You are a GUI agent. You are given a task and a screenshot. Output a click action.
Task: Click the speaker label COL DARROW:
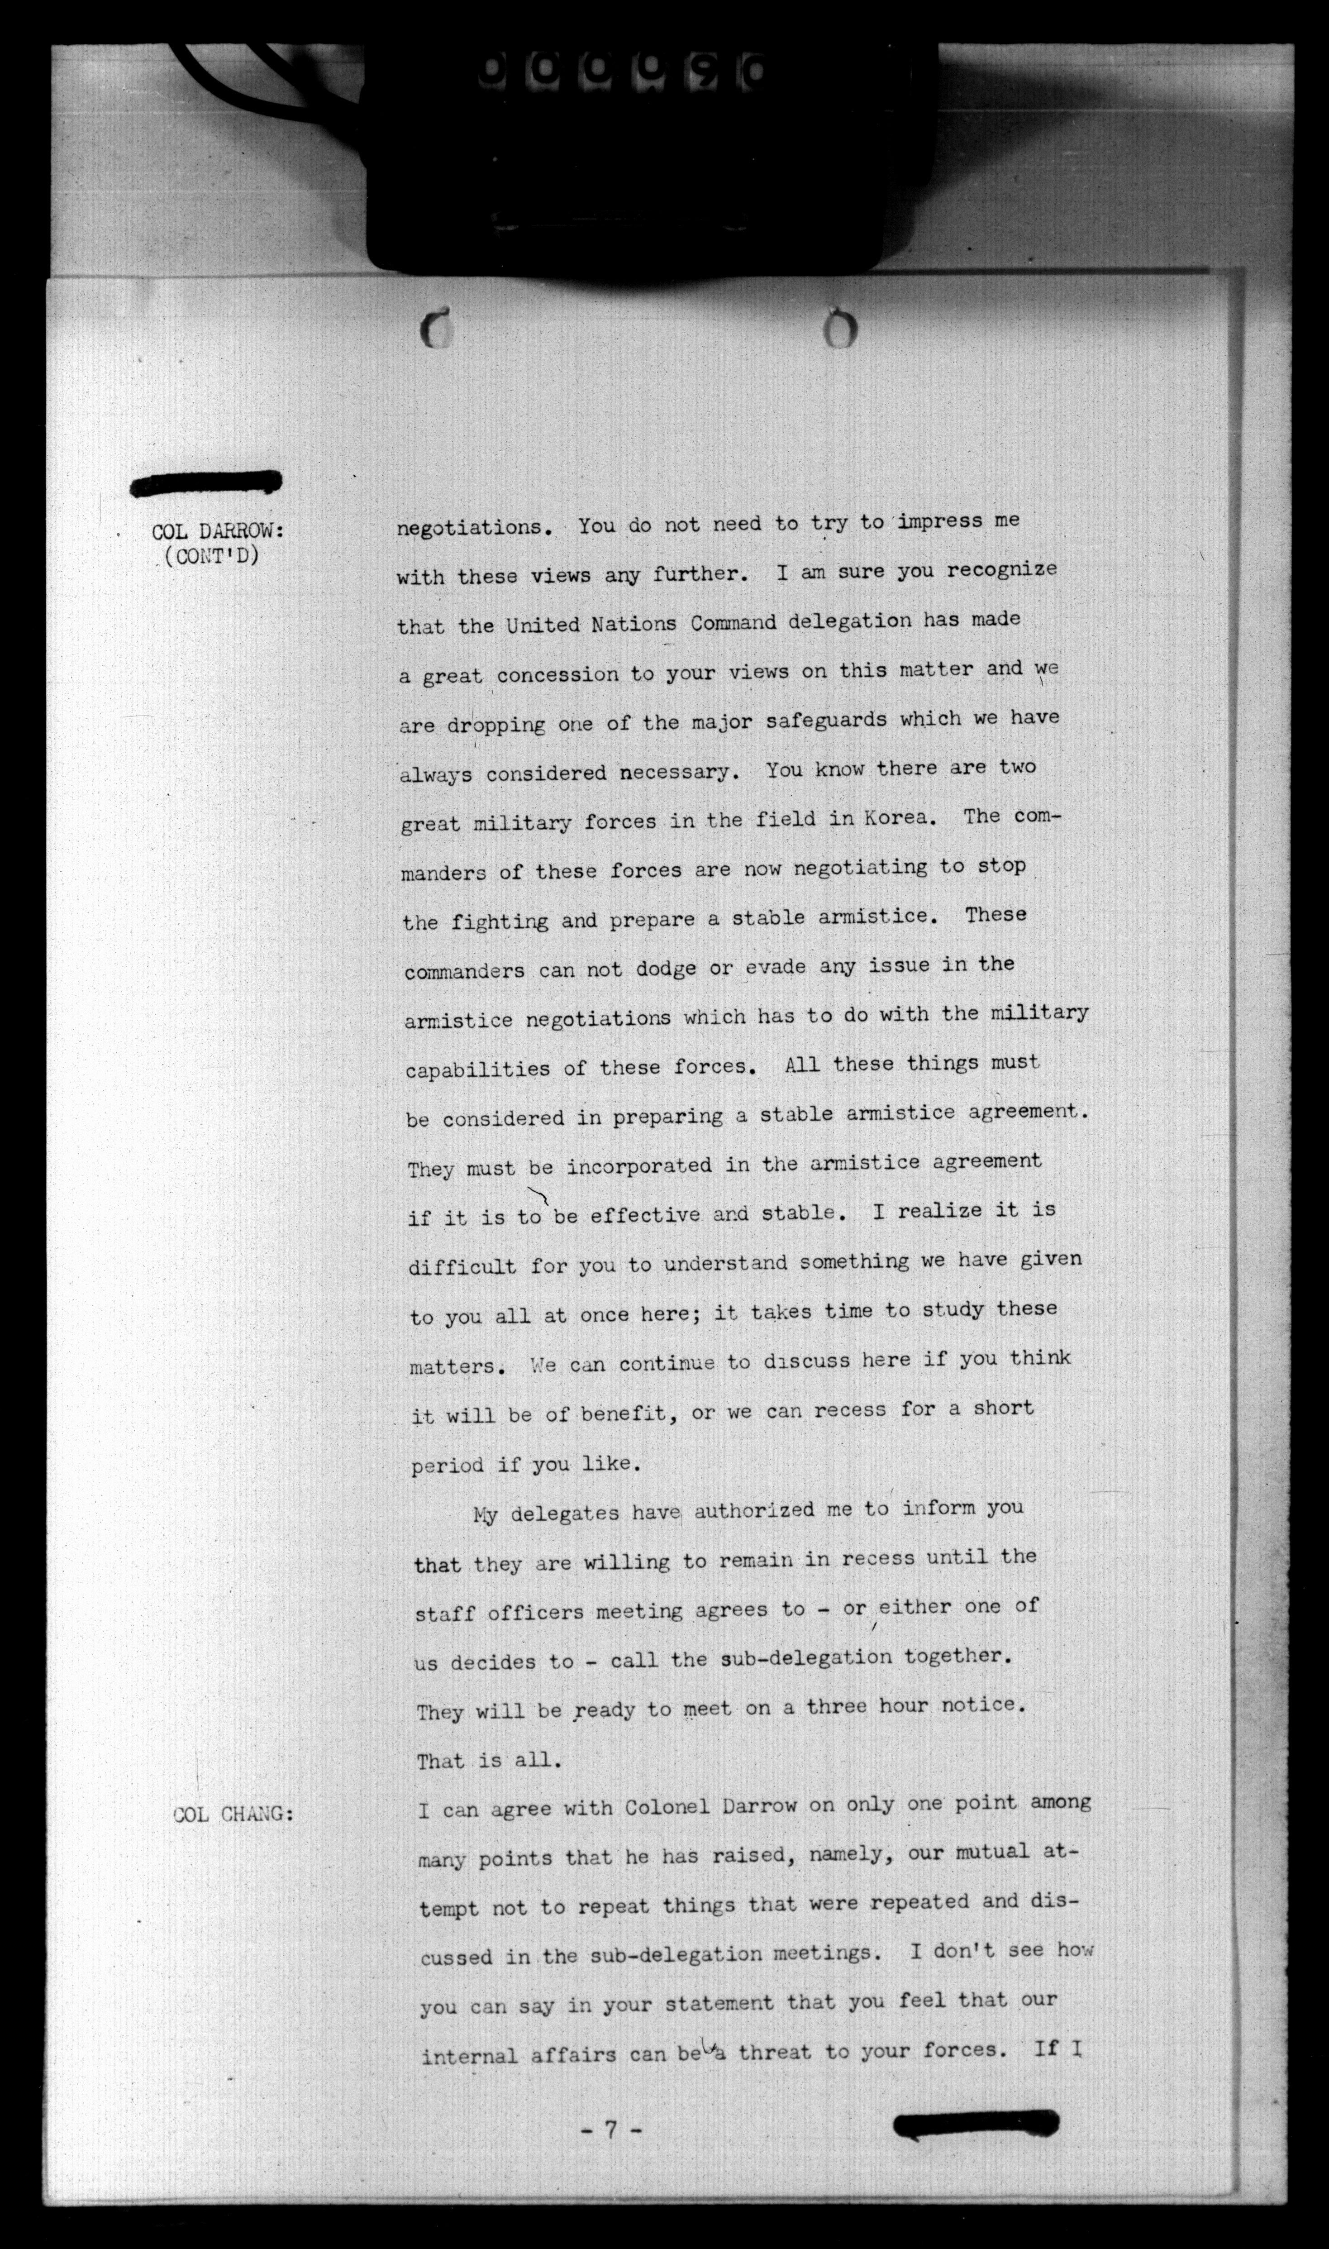(218, 532)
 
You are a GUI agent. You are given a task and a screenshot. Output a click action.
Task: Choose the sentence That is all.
(489, 1761)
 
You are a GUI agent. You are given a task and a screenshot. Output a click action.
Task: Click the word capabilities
(477, 1069)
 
